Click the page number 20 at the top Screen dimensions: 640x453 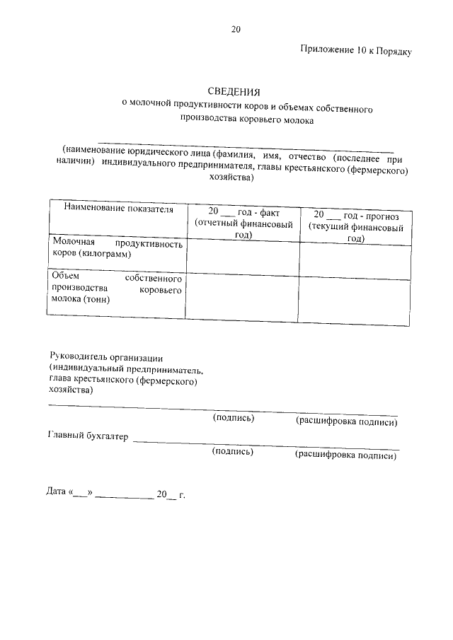236,29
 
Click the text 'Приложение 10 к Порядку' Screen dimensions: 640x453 355,51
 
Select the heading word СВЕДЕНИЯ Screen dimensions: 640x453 234,92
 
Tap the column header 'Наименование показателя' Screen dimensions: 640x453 118,209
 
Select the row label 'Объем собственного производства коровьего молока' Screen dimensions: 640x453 117,289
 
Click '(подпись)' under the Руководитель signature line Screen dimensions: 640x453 234,418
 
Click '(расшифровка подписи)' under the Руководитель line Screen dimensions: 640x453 345,422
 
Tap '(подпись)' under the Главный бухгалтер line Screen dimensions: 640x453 233,451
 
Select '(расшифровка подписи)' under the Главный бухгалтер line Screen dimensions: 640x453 345,455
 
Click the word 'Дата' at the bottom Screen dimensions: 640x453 56,492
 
